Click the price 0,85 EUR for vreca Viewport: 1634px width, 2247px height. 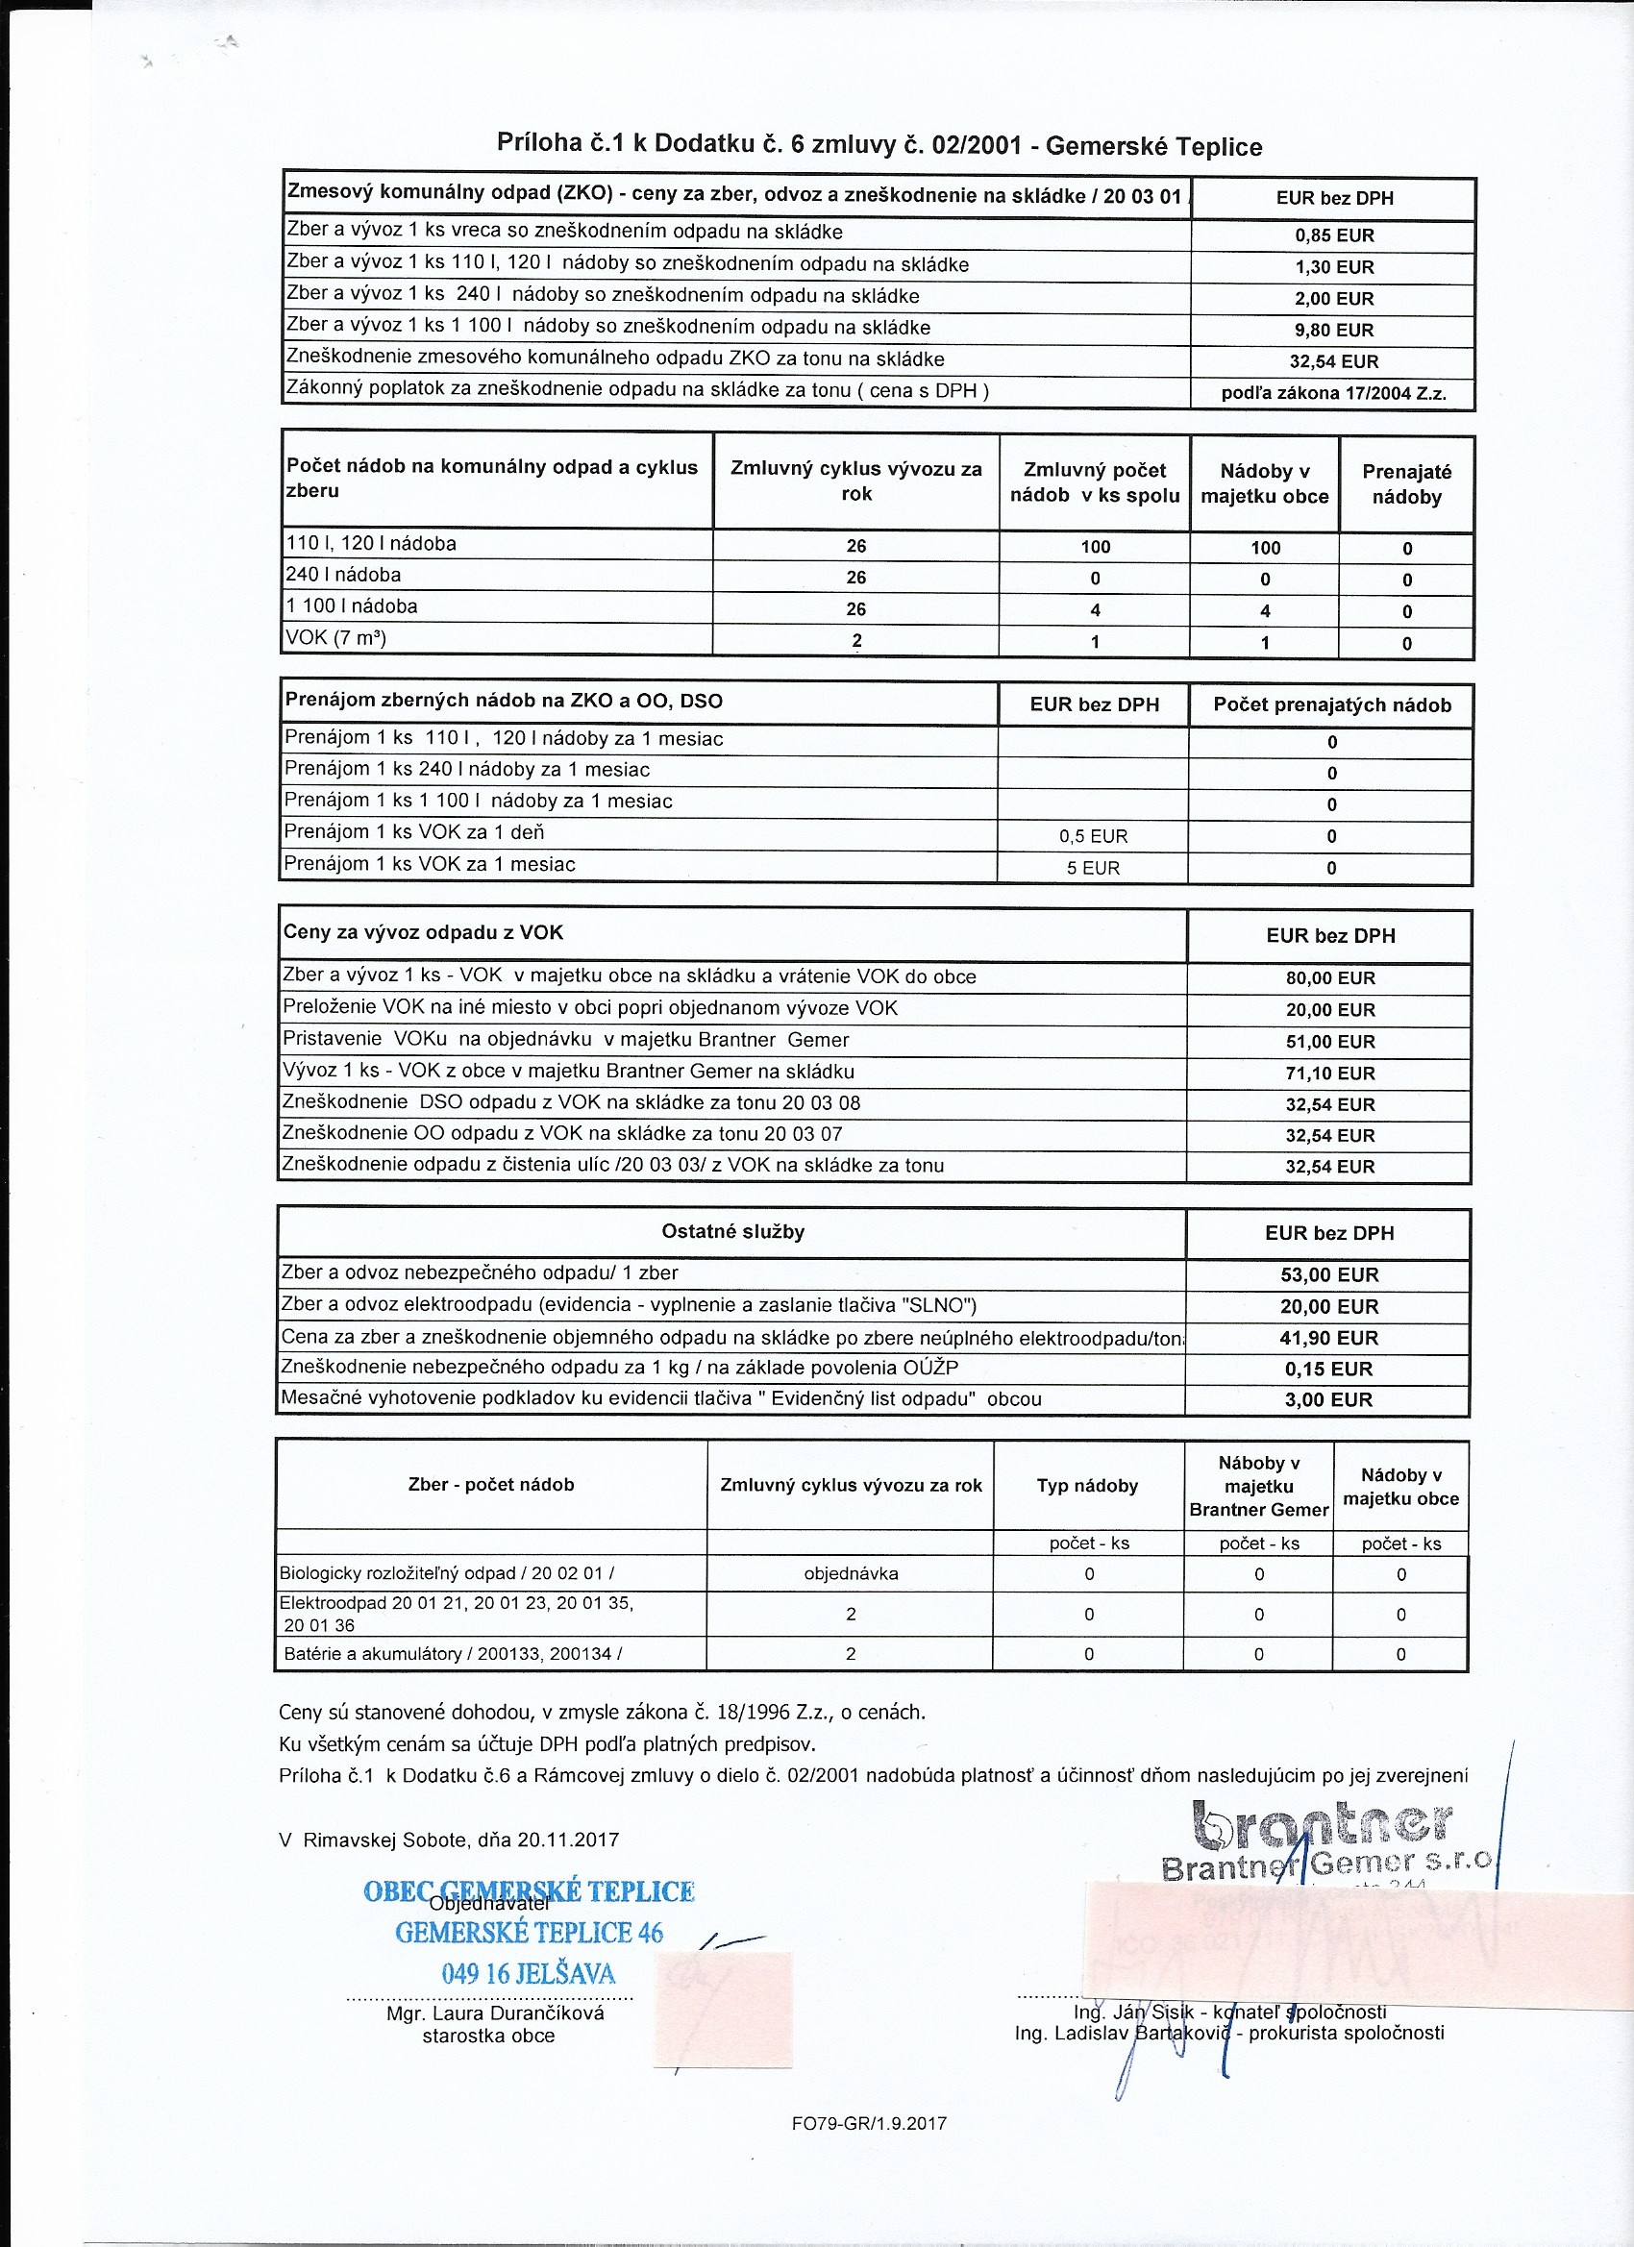[1334, 235]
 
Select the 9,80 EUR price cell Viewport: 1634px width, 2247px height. [1334, 330]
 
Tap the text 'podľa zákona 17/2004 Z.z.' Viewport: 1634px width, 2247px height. [1334, 393]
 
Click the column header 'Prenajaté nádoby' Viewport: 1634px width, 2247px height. [1406, 484]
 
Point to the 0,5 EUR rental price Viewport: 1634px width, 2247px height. [1093, 836]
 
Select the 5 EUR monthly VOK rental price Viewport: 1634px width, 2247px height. [1093, 868]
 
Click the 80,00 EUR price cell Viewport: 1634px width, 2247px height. [1330, 977]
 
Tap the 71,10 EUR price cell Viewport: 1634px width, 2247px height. [1330, 1073]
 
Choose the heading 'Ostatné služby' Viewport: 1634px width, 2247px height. [732, 1231]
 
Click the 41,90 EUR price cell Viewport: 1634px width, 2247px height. [1328, 1338]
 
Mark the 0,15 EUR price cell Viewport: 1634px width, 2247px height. [1328, 1370]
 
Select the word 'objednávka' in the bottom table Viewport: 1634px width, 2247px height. [851, 1573]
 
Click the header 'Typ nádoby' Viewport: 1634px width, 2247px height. [1087, 1485]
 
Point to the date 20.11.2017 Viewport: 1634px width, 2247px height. [568, 1840]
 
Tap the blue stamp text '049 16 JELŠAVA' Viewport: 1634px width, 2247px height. [528, 1972]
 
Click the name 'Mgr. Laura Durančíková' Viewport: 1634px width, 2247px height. [494, 2013]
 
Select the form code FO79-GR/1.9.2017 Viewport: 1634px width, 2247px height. [869, 2123]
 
